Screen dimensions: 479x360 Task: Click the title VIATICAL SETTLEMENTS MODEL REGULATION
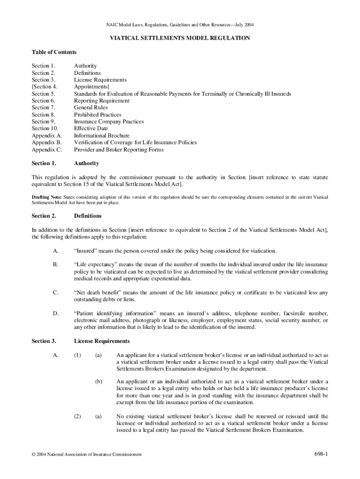(x=180, y=38)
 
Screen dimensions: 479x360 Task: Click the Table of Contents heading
(x=54, y=52)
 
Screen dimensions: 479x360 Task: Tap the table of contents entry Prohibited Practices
(x=97, y=115)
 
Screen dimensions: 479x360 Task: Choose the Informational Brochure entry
(x=102, y=136)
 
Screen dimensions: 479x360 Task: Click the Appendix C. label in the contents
(x=47, y=150)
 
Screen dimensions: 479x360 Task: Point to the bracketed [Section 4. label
(x=44, y=87)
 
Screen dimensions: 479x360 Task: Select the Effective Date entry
(x=91, y=129)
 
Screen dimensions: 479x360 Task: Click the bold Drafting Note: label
(x=46, y=198)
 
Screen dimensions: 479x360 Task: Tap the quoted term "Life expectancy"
(x=96, y=265)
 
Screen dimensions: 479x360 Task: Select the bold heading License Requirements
(x=101, y=341)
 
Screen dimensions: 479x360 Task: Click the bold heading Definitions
(x=88, y=216)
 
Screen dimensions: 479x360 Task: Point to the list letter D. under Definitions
(x=56, y=313)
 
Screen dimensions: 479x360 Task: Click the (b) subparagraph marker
(x=98, y=381)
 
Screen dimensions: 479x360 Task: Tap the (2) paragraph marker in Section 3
(x=78, y=416)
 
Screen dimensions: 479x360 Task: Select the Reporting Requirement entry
(x=101, y=101)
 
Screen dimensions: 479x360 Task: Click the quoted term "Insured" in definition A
(x=87, y=251)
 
